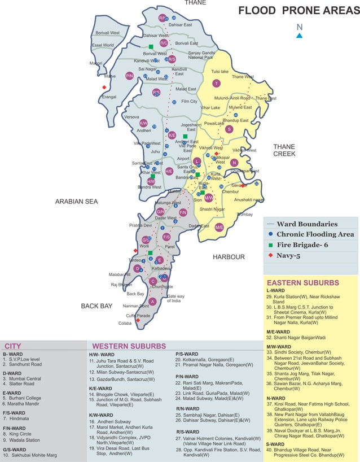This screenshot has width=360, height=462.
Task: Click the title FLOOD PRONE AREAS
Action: [x=298, y=11]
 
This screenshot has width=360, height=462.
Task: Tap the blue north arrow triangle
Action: [x=300, y=36]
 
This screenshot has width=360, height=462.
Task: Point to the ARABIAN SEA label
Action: [x=77, y=201]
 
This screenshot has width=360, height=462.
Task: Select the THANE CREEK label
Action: [x=284, y=150]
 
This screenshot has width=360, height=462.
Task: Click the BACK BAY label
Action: [x=97, y=306]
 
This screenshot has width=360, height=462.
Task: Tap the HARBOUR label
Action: [x=229, y=257]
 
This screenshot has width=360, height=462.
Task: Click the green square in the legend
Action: [x=271, y=245]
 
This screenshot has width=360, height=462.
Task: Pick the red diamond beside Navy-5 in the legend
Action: [x=271, y=255]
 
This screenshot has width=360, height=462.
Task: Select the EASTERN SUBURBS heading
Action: [x=302, y=282]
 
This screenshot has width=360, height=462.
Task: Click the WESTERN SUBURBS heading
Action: [x=129, y=346]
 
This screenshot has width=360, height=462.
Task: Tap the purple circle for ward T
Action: [x=216, y=84]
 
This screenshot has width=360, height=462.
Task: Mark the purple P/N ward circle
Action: [x=129, y=75]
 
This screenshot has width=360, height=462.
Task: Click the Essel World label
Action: [x=103, y=45]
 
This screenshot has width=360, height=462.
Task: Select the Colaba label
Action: [x=125, y=323]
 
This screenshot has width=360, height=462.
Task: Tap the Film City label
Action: [x=190, y=102]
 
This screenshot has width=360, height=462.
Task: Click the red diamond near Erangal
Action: [x=104, y=88]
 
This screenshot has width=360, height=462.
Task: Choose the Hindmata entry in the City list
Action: [x=20, y=419]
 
